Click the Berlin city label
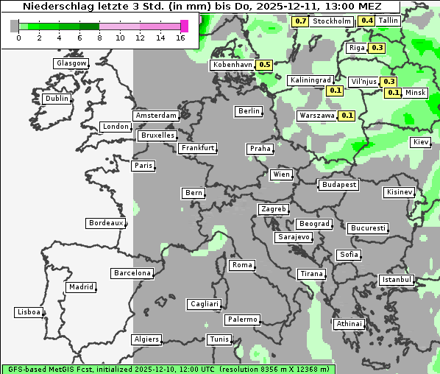coord(249,111)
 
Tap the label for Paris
coord(143,166)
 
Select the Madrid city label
coord(80,287)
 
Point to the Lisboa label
coord(28,312)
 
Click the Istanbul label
coord(397,280)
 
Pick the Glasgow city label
coord(71,63)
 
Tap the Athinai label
coord(349,324)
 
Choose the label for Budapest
coord(338,185)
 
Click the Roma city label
coord(242,265)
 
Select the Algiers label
coord(146,339)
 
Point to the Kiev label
coord(421,142)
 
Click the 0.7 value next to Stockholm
coord(300,21)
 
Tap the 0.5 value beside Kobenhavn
coord(266,65)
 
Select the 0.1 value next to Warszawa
coord(347,116)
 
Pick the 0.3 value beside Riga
coord(377,48)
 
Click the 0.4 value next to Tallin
coord(367,21)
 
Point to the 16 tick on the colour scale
coord(180,37)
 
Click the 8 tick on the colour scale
coord(100,37)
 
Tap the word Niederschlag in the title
coord(57,6)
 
